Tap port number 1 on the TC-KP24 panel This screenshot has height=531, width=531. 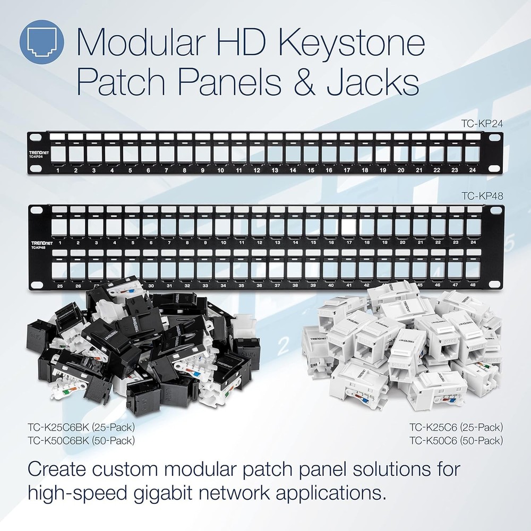click(57, 170)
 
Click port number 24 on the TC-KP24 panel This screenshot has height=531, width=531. click(473, 170)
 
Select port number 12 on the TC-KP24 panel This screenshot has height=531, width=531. click(256, 170)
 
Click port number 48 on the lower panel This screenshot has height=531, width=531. click(473, 286)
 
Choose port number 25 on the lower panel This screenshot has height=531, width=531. click(60, 286)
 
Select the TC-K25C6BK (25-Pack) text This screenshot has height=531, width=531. click(80, 426)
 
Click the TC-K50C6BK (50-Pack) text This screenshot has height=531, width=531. click(80, 440)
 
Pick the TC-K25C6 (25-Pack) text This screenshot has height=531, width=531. click(456, 426)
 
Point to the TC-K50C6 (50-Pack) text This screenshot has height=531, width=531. click(456, 440)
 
